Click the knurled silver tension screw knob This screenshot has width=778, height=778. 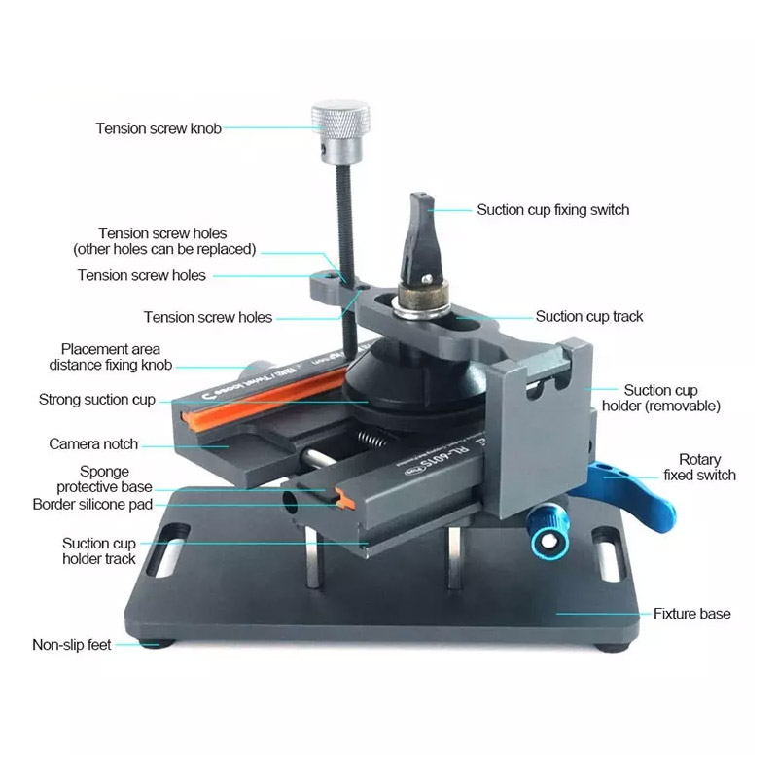(340, 132)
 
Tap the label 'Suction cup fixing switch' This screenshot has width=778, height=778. (552, 210)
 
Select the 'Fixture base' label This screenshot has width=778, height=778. (691, 614)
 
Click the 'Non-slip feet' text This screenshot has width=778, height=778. (71, 645)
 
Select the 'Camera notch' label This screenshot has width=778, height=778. (93, 444)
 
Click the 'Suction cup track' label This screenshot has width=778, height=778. (589, 317)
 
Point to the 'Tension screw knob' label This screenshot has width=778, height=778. (159, 128)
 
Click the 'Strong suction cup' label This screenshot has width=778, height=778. (96, 400)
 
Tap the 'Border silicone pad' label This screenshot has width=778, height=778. (92, 504)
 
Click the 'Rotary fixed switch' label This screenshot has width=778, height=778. (699, 467)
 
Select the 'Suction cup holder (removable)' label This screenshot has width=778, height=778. (661, 398)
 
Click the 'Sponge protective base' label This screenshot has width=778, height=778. (104, 478)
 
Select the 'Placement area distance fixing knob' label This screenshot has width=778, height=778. (110, 357)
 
